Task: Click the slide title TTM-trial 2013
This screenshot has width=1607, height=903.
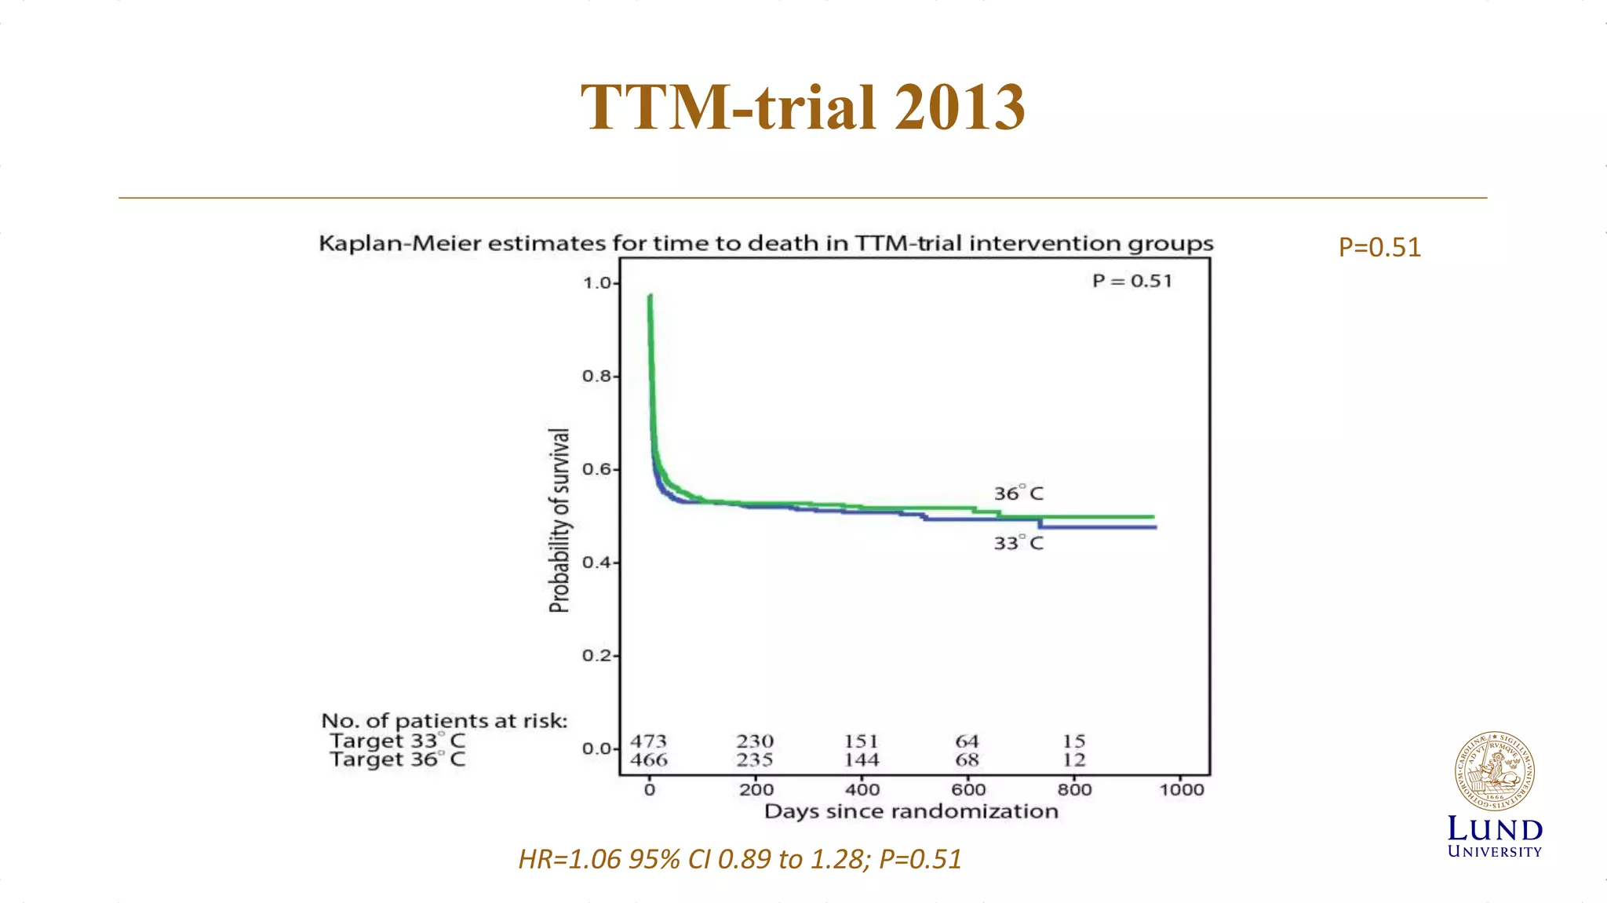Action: tap(803, 107)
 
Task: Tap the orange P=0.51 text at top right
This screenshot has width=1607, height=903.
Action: tap(1379, 247)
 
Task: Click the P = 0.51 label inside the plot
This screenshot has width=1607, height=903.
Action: tap(1131, 281)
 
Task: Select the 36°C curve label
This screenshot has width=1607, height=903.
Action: tap(1018, 493)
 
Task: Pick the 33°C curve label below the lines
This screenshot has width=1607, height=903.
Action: tap(1018, 543)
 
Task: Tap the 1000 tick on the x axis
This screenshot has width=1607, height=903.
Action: tap(1182, 789)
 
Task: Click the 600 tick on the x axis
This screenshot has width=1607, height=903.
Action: tap(968, 789)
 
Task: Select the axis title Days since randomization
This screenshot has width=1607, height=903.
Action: tap(911, 811)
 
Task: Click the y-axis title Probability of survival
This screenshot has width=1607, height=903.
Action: tap(559, 520)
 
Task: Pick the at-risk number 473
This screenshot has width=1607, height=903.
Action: tap(648, 741)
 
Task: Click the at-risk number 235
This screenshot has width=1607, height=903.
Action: tap(755, 759)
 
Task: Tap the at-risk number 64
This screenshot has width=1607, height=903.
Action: tap(967, 741)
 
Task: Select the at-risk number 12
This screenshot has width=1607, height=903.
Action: tap(1073, 759)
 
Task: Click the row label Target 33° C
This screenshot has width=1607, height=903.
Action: tap(397, 741)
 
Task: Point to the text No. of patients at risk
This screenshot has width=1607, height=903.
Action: tap(444, 720)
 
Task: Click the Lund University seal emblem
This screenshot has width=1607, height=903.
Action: tap(1495, 772)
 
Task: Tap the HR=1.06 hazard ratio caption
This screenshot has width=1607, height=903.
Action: tap(739, 859)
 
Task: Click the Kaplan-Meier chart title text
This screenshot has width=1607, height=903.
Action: tap(766, 243)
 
